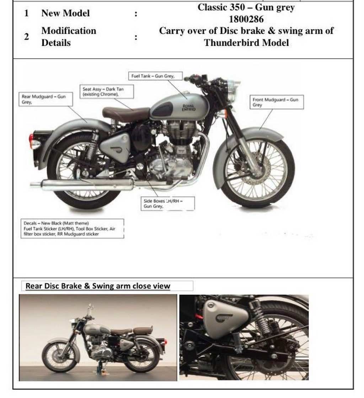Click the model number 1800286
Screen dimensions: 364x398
[246, 19]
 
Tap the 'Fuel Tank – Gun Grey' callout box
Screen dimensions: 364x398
[155, 76]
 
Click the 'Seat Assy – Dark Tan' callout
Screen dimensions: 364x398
[107, 92]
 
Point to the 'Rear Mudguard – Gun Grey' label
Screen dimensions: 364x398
[45, 99]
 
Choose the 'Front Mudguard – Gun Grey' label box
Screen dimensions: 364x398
[277, 102]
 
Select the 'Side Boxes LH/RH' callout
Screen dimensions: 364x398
[168, 203]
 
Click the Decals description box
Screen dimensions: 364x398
[72, 228]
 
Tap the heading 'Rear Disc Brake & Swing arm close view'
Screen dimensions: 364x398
[98, 286]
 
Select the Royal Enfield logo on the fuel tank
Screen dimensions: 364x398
[189, 108]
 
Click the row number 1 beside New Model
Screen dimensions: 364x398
[26, 13]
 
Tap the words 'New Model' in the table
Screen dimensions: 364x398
[65, 13]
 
